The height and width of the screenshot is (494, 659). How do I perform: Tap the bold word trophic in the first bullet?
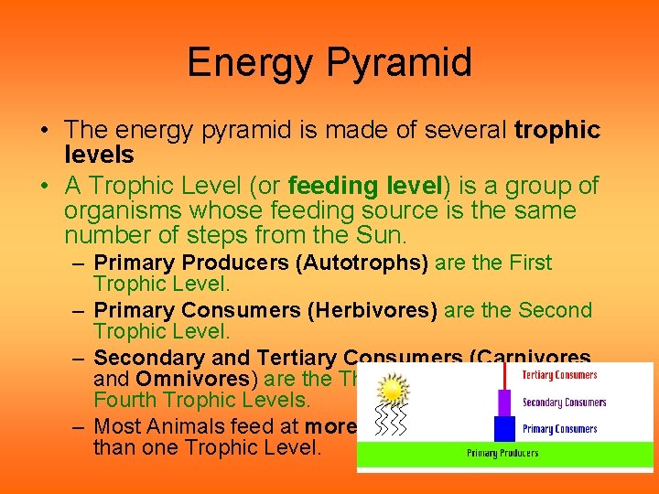pos(557,131)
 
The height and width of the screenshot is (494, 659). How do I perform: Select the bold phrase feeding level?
pos(365,186)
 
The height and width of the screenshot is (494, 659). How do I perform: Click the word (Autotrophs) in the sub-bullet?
pos(362,263)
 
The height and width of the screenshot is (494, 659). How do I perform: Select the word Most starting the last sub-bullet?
pos(124,426)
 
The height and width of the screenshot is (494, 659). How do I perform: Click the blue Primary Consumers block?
pos(504,428)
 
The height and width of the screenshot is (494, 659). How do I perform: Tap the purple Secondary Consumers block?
pos(504,403)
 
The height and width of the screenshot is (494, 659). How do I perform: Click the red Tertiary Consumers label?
pos(559,375)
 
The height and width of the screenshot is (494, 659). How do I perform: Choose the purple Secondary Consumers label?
pos(564,403)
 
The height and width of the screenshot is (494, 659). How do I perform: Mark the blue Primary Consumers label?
pos(559,429)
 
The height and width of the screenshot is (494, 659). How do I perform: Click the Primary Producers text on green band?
pos(502,454)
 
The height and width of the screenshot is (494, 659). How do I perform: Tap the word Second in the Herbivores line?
pos(556,310)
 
